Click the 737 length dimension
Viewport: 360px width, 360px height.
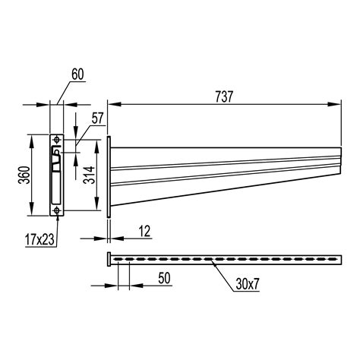[x=224, y=97]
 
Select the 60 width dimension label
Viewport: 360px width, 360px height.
[x=77, y=74]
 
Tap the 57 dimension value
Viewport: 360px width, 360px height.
[x=98, y=118]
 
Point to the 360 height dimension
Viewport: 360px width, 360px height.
[x=24, y=175]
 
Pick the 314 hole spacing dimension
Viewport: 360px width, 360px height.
[x=89, y=175]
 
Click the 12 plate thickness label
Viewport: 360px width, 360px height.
[x=144, y=231]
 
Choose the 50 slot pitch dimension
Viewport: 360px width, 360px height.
[x=164, y=278]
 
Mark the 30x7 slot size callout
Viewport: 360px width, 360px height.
[x=248, y=284]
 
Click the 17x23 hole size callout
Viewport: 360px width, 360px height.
[x=40, y=239]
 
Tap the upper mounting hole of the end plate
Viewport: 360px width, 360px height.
[x=57, y=139]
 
